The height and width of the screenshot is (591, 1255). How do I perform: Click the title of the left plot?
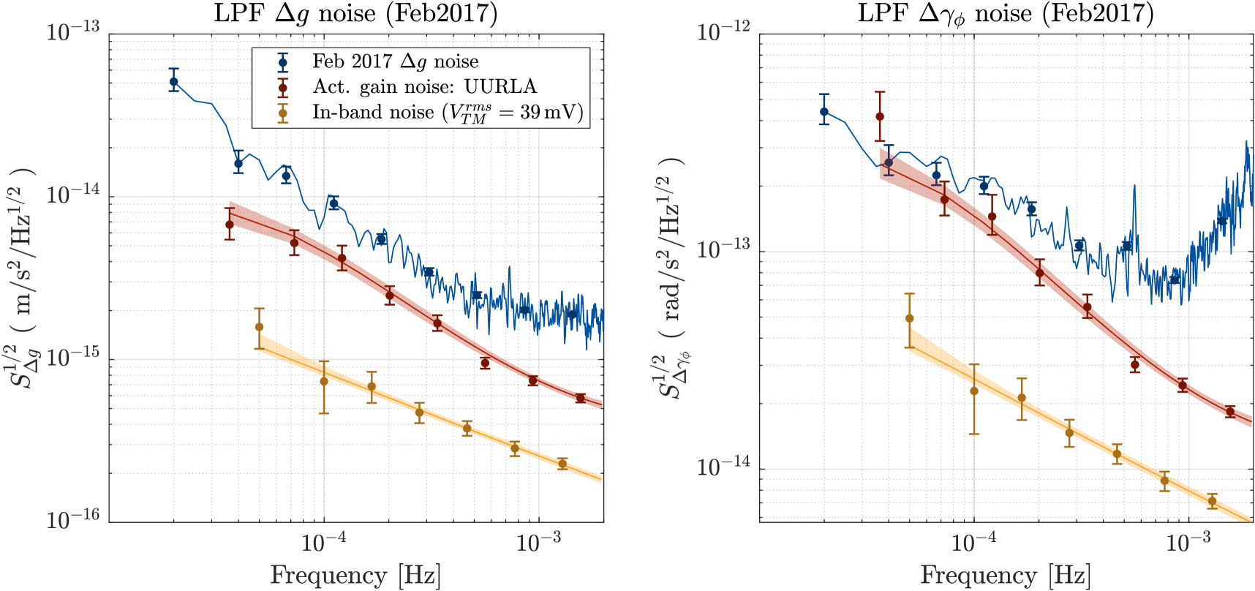click(x=355, y=14)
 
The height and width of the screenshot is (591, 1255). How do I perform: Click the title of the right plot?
click(x=1006, y=14)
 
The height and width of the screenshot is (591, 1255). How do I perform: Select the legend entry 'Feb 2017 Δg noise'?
click(x=395, y=62)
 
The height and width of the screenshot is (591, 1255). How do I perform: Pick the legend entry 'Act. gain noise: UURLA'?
click(x=424, y=87)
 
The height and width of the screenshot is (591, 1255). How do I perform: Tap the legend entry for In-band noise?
click(x=448, y=112)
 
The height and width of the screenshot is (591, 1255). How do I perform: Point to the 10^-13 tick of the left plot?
click(x=73, y=34)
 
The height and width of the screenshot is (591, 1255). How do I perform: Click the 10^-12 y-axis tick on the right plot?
click(x=723, y=34)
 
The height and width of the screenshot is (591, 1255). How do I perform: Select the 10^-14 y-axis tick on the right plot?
click(x=723, y=467)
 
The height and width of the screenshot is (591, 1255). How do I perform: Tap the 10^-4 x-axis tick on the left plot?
click(x=323, y=543)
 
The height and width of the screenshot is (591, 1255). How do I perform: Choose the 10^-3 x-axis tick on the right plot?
click(x=1189, y=543)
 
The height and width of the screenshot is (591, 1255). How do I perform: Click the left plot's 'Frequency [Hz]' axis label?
click(x=355, y=576)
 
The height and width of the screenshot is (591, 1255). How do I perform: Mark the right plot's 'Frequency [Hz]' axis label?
click(x=1006, y=576)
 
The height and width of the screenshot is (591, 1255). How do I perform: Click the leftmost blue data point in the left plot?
click(x=173, y=82)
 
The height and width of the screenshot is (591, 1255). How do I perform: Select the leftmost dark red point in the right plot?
click(x=880, y=116)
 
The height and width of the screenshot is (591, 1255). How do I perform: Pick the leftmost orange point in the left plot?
click(x=259, y=327)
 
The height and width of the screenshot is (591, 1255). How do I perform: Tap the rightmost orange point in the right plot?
click(x=1212, y=501)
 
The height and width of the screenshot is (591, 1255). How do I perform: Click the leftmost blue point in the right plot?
click(x=824, y=112)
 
